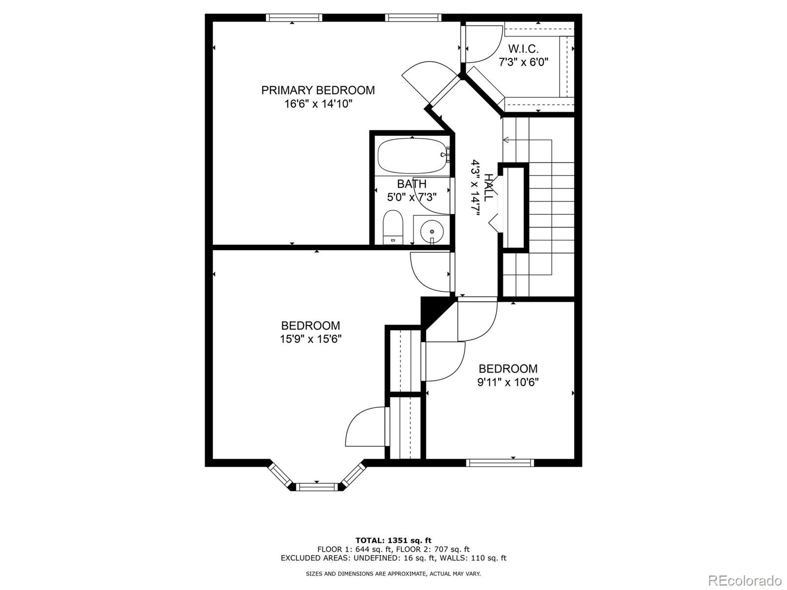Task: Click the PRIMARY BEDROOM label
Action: tap(318, 90)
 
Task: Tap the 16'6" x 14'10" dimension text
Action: tap(318, 104)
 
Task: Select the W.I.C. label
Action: tap(523, 48)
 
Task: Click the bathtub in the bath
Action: tap(413, 156)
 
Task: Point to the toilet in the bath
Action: tap(393, 228)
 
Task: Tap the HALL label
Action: tap(488, 187)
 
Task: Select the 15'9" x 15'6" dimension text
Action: tap(310, 339)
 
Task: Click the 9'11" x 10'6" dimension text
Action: tap(508, 382)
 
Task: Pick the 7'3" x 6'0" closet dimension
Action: tap(523, 62)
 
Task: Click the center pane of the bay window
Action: tap(317, 486)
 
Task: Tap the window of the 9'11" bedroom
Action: tap(500, 463)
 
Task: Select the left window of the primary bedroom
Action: tap(294, 18)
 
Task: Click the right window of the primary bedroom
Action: tap(413, 18)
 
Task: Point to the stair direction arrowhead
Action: tap(506, 140)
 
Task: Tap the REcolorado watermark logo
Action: tap(747, 580)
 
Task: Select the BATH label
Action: tap(412, 184)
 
